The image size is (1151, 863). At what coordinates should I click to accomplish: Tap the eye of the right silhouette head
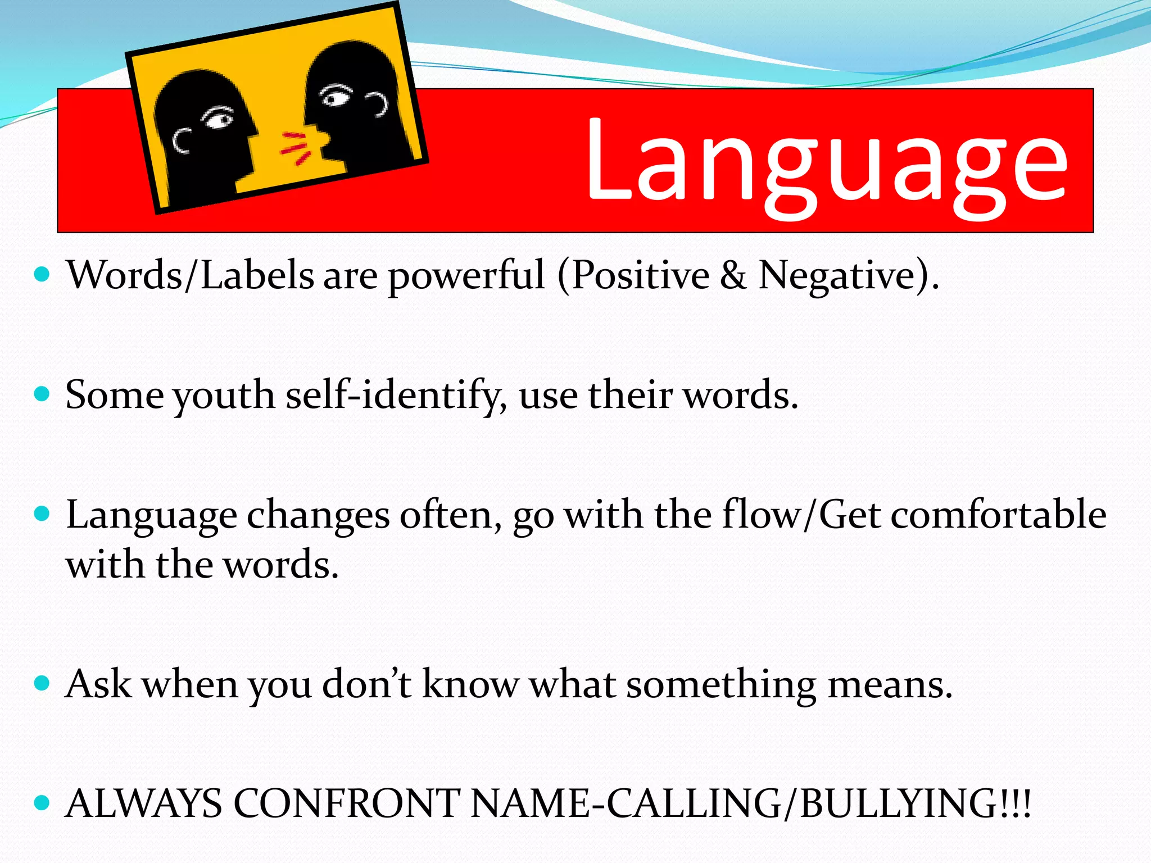pos(336,97)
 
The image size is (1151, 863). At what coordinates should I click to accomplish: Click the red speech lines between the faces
pos(295,147)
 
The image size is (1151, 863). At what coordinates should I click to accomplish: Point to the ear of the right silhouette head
pos(378,104)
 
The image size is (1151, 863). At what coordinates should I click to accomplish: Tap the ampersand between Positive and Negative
pos(733,275)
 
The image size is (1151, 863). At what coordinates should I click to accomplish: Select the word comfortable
pos(998,515)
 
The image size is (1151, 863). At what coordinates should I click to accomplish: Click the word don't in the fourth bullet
pos(368,684)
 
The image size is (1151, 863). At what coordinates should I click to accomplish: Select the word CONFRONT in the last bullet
pos(346,803)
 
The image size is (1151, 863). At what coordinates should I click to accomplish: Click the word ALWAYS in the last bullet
pos(144,803)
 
